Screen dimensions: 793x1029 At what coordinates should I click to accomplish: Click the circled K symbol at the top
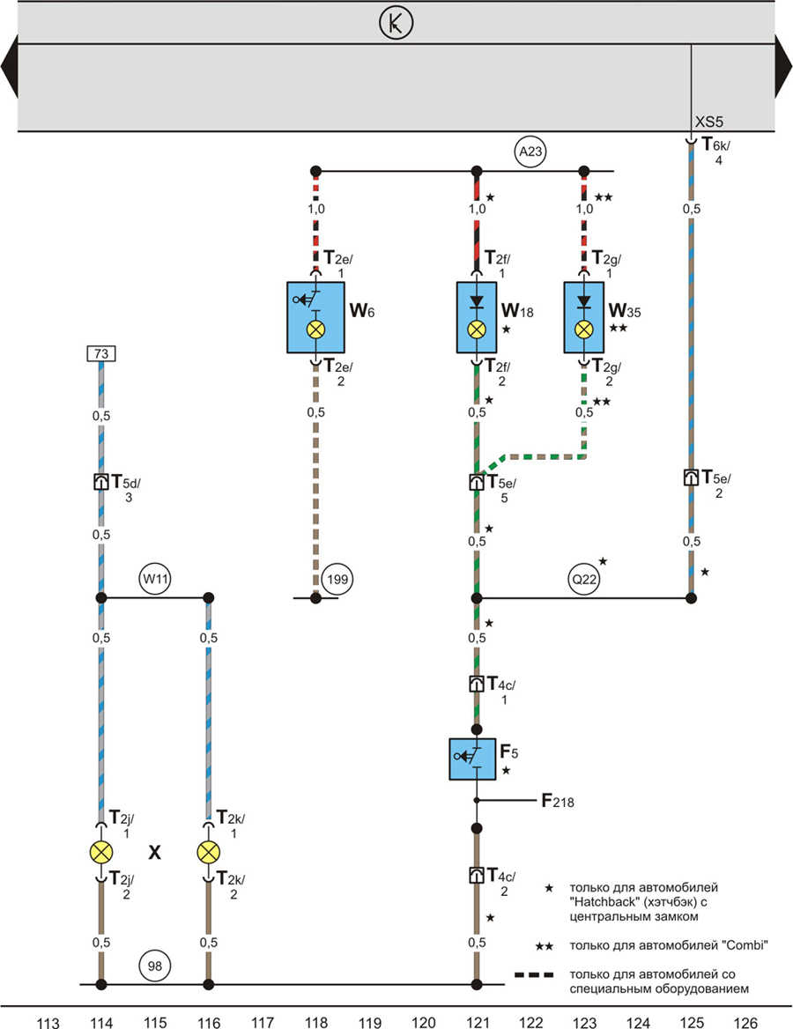[x=396, y=23]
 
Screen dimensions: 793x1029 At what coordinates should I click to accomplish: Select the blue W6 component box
[x=315, y=318]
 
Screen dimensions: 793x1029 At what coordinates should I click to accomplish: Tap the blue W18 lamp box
[x=477, y=318]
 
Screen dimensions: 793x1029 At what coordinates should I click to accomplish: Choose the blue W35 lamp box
[x=583, y=318]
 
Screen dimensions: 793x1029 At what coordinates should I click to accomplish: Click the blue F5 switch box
[x=472, y=759]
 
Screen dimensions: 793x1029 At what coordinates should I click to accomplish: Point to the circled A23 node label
[x=530, y=152]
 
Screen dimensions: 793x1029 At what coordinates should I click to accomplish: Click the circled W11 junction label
[x=156, y=580]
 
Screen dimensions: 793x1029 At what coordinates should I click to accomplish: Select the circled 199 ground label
[x=337, y=580]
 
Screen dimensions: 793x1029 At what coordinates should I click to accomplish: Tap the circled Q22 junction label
[x=584, y=580]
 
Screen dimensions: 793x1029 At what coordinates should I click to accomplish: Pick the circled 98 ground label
[x=155, y=966]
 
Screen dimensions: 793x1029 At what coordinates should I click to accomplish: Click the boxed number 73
[x=101, y=354]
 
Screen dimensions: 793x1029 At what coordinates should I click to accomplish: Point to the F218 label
[x=558, y=801]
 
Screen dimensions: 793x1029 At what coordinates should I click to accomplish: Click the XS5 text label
[x=709, y=122]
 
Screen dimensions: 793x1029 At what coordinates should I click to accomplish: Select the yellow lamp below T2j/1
[x=101, y=853]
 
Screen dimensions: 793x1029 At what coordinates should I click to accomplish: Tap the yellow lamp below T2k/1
[x=209, y=853]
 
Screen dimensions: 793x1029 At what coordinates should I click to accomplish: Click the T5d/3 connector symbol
[x=101, y=483]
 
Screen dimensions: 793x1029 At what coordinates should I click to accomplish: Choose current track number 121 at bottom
[x=478, y=1022]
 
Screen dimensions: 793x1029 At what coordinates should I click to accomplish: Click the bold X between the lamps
[x=154, y=852]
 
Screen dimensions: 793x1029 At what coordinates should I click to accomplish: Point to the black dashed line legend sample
[x=534, y=974]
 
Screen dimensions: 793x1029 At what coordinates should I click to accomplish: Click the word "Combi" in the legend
[x=745, y=945]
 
